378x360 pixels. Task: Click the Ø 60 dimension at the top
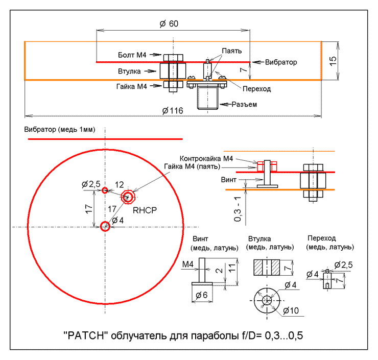pos(169,24)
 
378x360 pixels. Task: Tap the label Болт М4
pos(132,54)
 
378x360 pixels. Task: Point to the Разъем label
pos(244,104)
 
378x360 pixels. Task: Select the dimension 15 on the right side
pos(333,60)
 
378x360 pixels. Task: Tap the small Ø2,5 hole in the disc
pos(105,190)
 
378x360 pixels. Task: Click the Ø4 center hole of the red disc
pos(105,226)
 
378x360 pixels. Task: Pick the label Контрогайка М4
pos(206,159)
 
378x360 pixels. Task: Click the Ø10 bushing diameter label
pos(290,310)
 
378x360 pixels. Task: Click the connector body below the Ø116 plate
pos(207,98)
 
